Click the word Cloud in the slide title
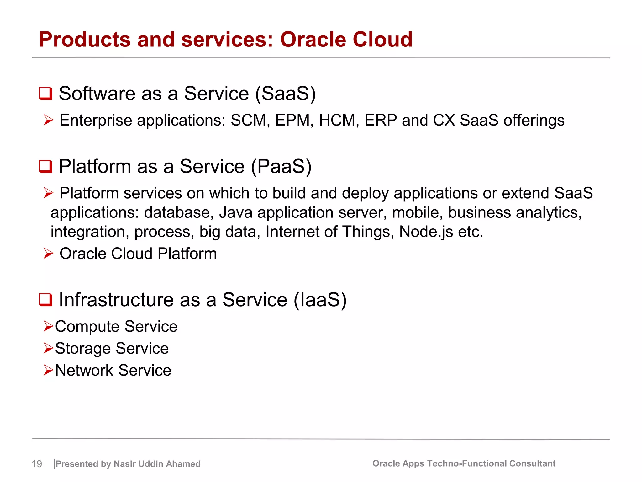point(382,40)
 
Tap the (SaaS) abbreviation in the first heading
point(285,94)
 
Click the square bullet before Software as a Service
point(45,94)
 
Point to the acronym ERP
point(381,120)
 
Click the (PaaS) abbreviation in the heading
point(281,167)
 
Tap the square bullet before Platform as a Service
point(45,166)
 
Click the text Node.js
point(426,232)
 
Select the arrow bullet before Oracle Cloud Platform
point(48,254)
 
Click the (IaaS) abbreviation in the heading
point(320,300)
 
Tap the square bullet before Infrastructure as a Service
point(45,300)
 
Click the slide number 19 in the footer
point(37,464)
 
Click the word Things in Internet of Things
point(368,232)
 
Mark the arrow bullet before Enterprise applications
point(48,120)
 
